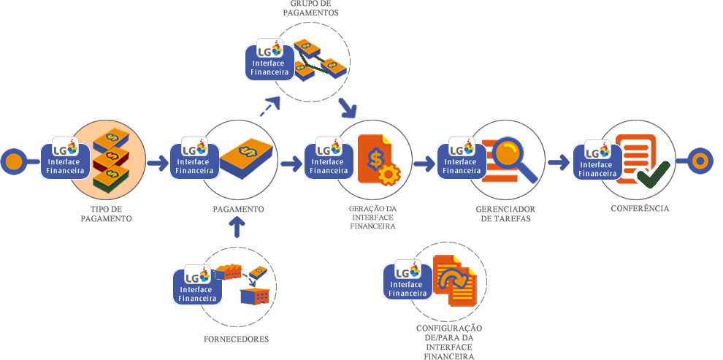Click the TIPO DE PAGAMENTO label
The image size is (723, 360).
[106, 213]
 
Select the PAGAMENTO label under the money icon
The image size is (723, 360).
[238, 209]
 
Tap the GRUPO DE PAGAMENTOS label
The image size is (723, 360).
[310, 9]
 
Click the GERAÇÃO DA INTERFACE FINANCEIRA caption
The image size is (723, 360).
[372, 217]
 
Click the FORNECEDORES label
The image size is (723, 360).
[237, 339]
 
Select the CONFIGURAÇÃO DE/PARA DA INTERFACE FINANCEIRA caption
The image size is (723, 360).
[449, 339]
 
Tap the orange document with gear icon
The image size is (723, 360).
[379, 160]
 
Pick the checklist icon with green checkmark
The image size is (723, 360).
[642, 158]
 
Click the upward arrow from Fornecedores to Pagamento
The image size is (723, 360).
[237, 228]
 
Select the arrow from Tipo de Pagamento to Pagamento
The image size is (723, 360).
[157, 163]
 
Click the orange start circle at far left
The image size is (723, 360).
[14, 162]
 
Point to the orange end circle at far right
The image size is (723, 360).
[700, 161]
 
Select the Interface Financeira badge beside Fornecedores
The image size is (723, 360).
[196, 286]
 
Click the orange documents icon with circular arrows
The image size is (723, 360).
[454, 280]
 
